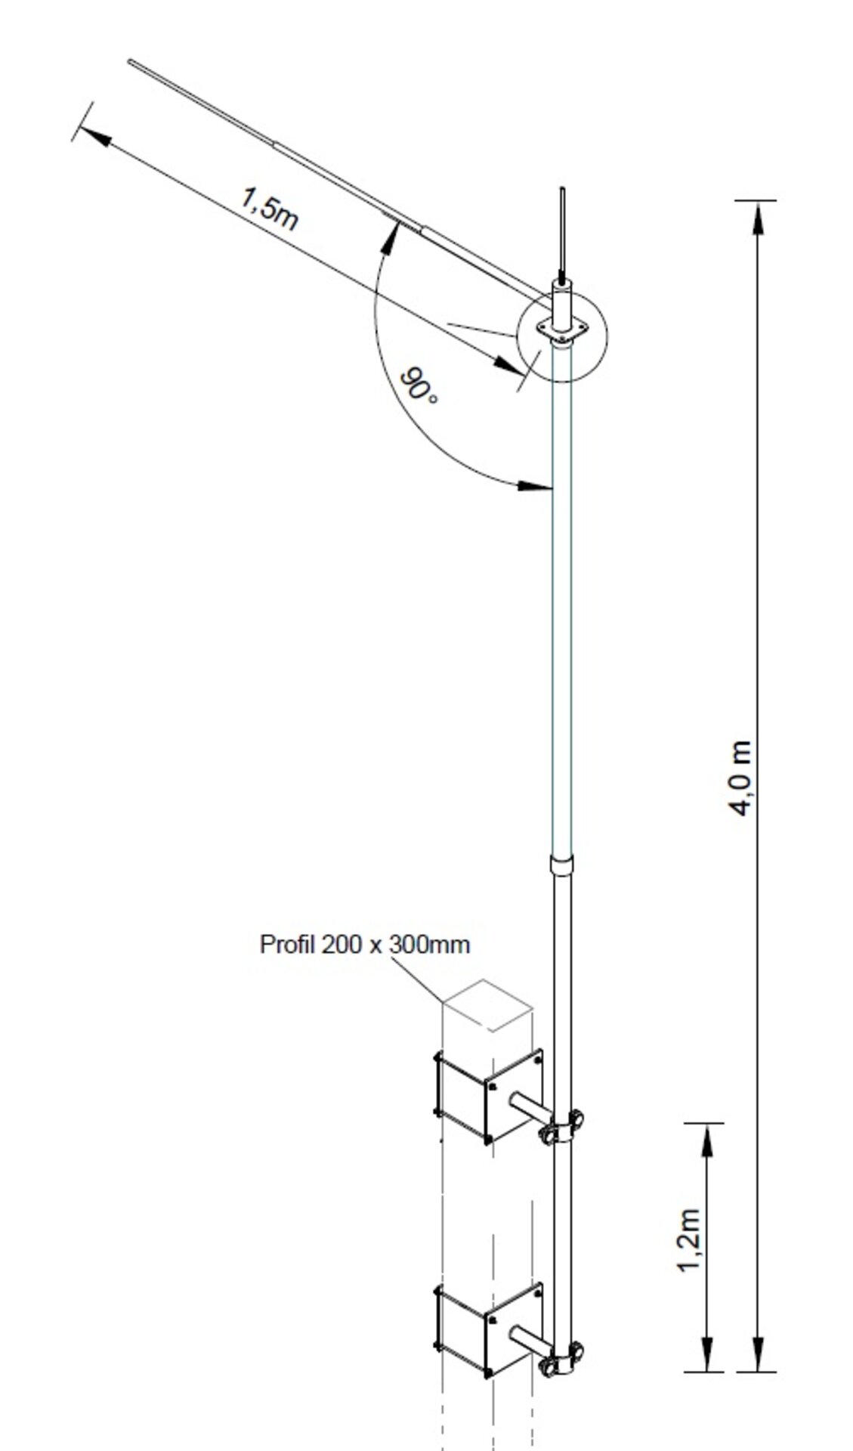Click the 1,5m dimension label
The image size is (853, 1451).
[268, 208]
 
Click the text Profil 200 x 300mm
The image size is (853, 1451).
[364, 945]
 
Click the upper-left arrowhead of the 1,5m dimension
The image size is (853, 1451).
[94, 137]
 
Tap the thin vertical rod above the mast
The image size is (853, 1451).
[561, 230]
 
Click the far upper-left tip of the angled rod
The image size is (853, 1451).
[131, 61]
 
